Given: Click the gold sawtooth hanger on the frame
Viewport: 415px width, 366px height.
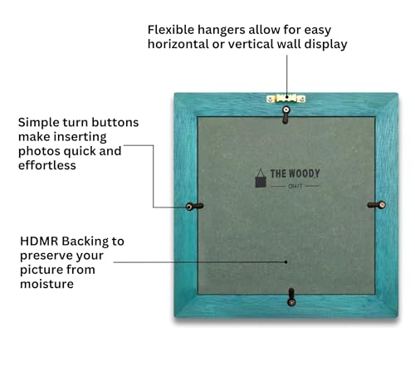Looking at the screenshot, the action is point(286,99).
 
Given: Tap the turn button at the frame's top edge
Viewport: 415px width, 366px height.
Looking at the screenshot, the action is point(286,115).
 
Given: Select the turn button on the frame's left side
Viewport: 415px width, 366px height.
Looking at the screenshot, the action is point(194,207).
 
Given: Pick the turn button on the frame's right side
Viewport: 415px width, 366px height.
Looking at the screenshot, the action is point(376,205).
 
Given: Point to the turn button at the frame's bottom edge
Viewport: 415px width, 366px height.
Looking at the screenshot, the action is point(291,297).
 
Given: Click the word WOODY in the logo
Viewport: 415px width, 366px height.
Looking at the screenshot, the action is point(304,173).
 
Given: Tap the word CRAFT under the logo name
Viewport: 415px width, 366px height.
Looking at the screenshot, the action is point(295,186).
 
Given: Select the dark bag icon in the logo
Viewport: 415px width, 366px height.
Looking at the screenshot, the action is point(261,178).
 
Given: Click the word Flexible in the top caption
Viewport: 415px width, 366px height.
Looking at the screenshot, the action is point(171,30).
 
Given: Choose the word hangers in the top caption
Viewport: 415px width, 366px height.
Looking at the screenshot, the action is point(222,31).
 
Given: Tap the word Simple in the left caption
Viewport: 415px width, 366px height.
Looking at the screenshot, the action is point(38,123).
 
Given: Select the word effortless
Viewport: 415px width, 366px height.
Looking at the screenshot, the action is point(47,165).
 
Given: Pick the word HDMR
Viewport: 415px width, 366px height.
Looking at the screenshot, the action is point(39,242).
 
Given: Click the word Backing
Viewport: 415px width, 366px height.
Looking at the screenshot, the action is point(85,242).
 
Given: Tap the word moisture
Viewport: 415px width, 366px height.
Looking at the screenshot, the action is point(46,284).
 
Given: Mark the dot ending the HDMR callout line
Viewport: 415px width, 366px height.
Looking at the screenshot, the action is point(286,262).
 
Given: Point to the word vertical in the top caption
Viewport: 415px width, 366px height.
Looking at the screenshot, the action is point(251,44).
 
